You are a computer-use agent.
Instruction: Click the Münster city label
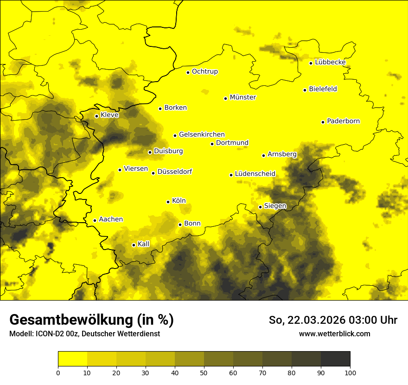point(242,97)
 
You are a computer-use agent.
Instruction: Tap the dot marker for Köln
point(168,202)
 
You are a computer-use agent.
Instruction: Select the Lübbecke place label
point(330,62)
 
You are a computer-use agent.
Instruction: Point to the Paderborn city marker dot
point(323,122)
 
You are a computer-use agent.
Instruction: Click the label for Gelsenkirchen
point(202,135)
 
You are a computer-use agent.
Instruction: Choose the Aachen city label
point(111,219)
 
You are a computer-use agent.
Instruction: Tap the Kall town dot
point(134,245)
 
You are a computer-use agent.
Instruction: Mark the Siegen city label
point(275,206)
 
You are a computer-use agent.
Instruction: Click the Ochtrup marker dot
point(188,72)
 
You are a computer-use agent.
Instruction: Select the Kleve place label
point(109,115)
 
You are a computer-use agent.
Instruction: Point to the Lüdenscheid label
point(255,174)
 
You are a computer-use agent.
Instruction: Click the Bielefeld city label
point(323,89)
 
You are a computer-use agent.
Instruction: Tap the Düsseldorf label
point(174,172)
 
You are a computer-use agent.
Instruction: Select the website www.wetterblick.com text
point(334,334)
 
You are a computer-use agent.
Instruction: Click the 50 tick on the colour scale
point(204,372)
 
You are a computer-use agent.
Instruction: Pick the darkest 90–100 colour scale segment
point(335,359)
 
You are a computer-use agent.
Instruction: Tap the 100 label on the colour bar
point(350,372)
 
